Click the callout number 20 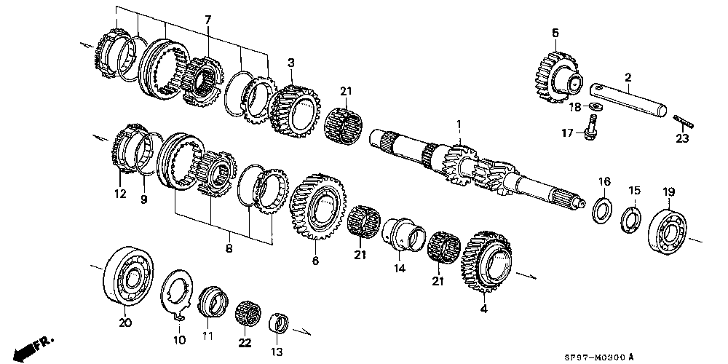point(125,323)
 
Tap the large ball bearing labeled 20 point(128,277)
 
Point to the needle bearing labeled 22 point(248,314)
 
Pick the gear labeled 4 point(486,261)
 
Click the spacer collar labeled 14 point(403,235)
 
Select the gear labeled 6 point(317,206)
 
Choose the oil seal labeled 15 point(631,220)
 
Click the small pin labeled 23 point(683,122)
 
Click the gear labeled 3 point(294,111)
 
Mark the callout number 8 point(229,249)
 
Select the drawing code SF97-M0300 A point(599,357)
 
